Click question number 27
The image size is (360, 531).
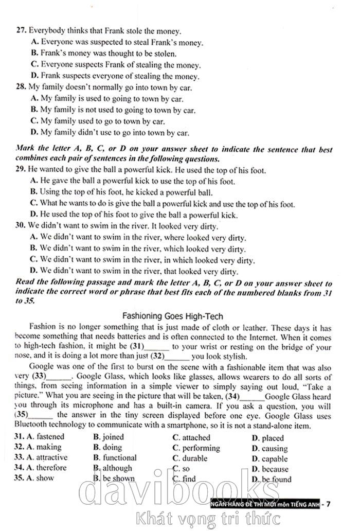[x=21, y=31]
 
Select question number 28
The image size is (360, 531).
[x=21, y=87]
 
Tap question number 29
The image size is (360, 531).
[x=21, y=170]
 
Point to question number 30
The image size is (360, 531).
[x=21, y=226]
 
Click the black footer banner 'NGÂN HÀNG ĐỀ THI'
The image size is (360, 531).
[x=264, y=504]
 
